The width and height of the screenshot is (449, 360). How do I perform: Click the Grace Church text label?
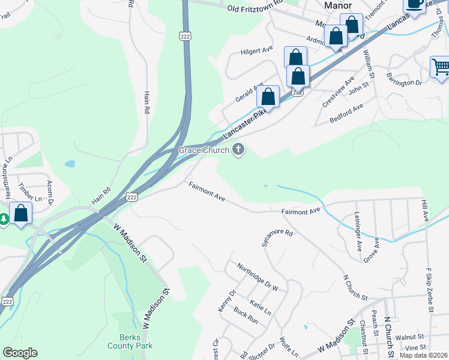click(203, 150)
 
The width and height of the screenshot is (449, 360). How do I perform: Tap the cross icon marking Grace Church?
click(239, 150)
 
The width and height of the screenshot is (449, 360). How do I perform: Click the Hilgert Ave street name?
click(257, 52)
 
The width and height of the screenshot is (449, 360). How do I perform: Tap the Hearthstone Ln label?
click(8, 170)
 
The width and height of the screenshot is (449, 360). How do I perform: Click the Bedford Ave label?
click(347, 114)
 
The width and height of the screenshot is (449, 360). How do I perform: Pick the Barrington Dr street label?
click(405, 82)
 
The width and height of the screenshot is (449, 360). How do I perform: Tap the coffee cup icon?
click(415, 4)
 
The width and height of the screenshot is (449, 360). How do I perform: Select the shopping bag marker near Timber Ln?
click(21, 213)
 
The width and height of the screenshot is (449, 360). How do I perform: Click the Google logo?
click(20, 353)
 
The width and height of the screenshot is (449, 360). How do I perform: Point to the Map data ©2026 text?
click(423, 355)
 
